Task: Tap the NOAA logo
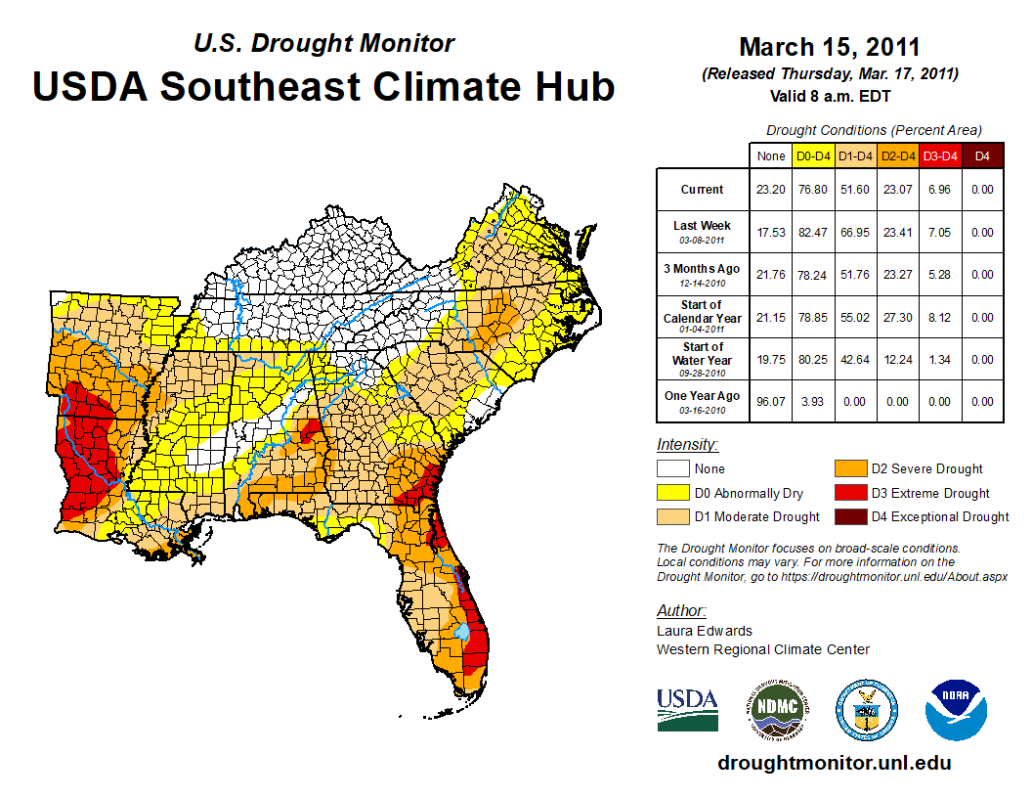pos(957,710)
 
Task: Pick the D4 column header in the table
pos(983,155)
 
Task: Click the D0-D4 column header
pos(813,155)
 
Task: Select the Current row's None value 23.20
pos(771,190)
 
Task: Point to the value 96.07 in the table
pos(771,402)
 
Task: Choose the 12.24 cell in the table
pos(898,360)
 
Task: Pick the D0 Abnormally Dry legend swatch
pos(672,493)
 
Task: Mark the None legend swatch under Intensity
pos(672,469)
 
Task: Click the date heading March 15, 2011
pos(830,47)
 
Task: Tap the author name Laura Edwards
pos(705,631)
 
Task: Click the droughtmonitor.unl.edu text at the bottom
pos(834,763)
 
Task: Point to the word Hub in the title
pos(575,86)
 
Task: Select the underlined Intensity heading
pos(687,444)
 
